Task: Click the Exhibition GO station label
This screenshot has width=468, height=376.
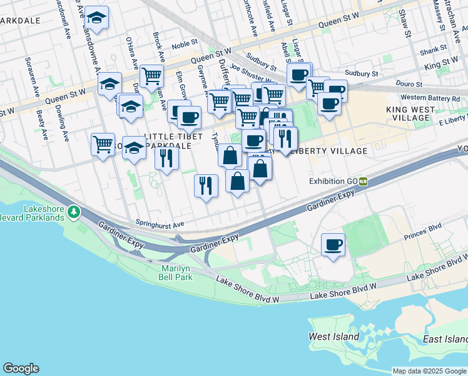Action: coord(333,181)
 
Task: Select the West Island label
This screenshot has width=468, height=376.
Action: coord(334,337)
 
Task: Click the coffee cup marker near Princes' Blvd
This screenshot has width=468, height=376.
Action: coord(333,244)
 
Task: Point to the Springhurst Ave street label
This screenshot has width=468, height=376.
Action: coord(160,224)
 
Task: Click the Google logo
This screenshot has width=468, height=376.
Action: coord(21,368)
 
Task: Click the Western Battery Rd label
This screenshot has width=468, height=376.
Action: coord(430,98)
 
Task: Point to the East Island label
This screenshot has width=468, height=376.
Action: coord(445,339)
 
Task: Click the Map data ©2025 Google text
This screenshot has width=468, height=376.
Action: coord(429,371)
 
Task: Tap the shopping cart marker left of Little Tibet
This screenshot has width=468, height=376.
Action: coord(103,144)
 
